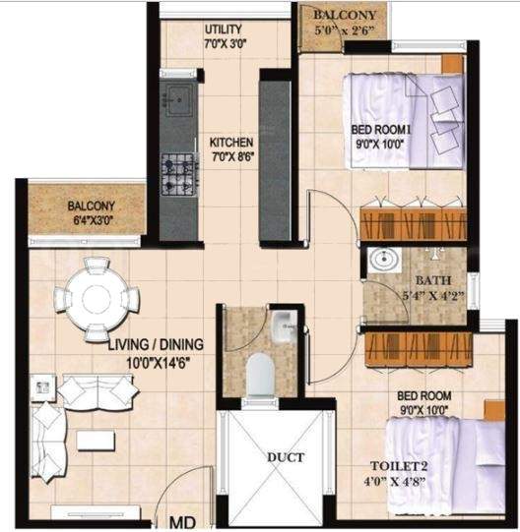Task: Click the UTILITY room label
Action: click(x=225, y=29)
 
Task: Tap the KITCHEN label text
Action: click(x=231, y=143)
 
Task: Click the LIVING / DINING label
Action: click(x=156, y=344)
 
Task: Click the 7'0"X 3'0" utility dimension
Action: click(x=225, y=44)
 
